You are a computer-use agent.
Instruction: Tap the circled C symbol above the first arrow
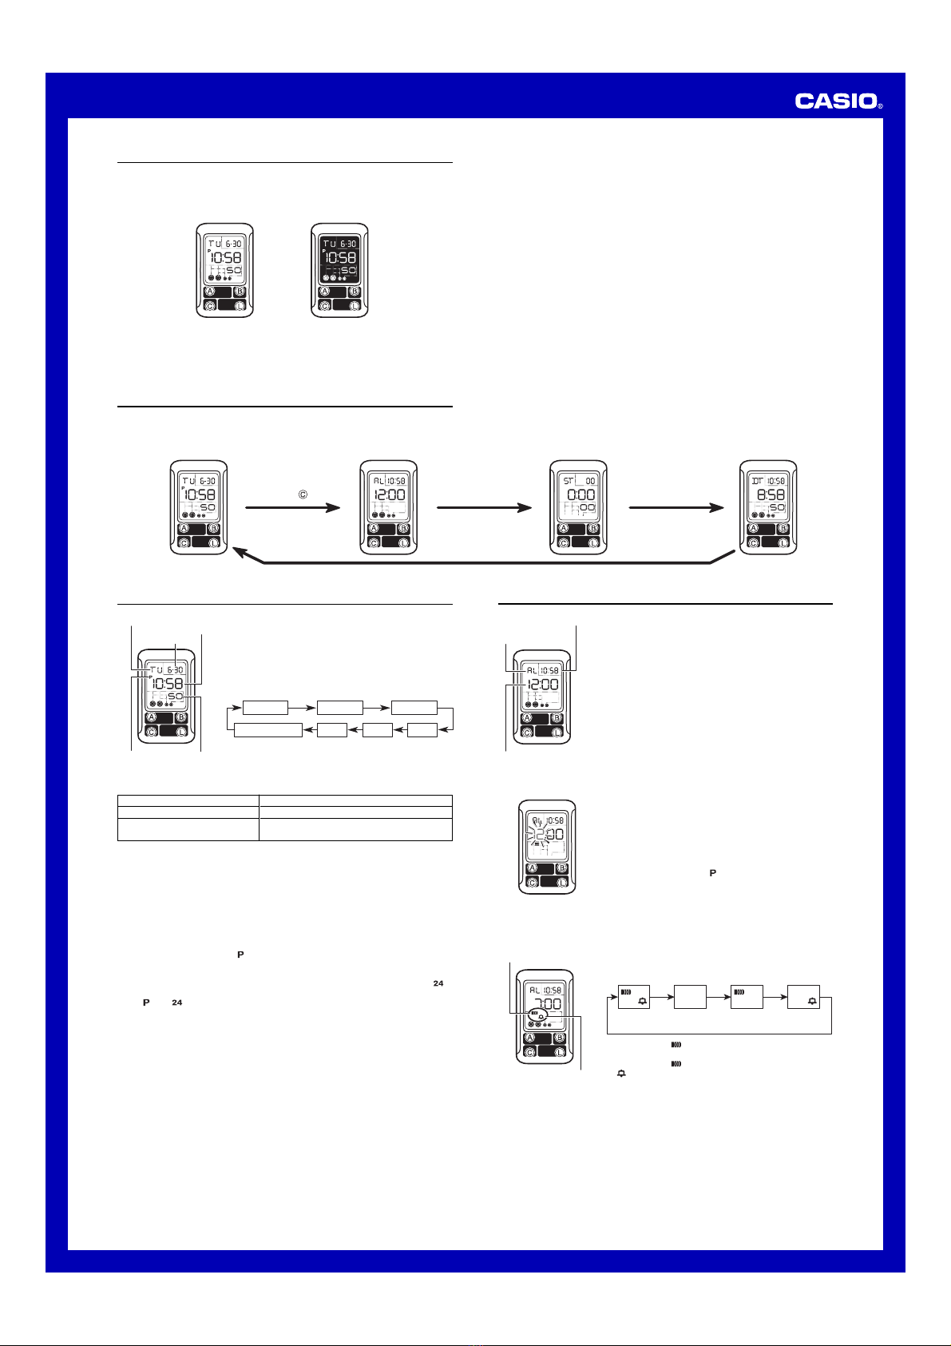[303, 494]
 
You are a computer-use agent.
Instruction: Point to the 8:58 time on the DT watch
[770, 494]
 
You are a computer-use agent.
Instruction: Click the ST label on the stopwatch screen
[568, 481]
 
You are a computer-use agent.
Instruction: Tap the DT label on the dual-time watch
[757, 481]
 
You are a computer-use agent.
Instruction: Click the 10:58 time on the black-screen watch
[339, 257]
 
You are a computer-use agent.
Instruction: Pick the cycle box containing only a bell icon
[804, 997]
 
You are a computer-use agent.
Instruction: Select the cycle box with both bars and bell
[634, 997]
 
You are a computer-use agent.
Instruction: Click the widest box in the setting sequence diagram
[267, 730]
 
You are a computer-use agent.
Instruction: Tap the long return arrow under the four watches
[479, 562]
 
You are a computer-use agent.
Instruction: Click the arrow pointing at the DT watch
[676, 507]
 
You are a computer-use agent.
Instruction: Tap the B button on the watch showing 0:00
[593, 528]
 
